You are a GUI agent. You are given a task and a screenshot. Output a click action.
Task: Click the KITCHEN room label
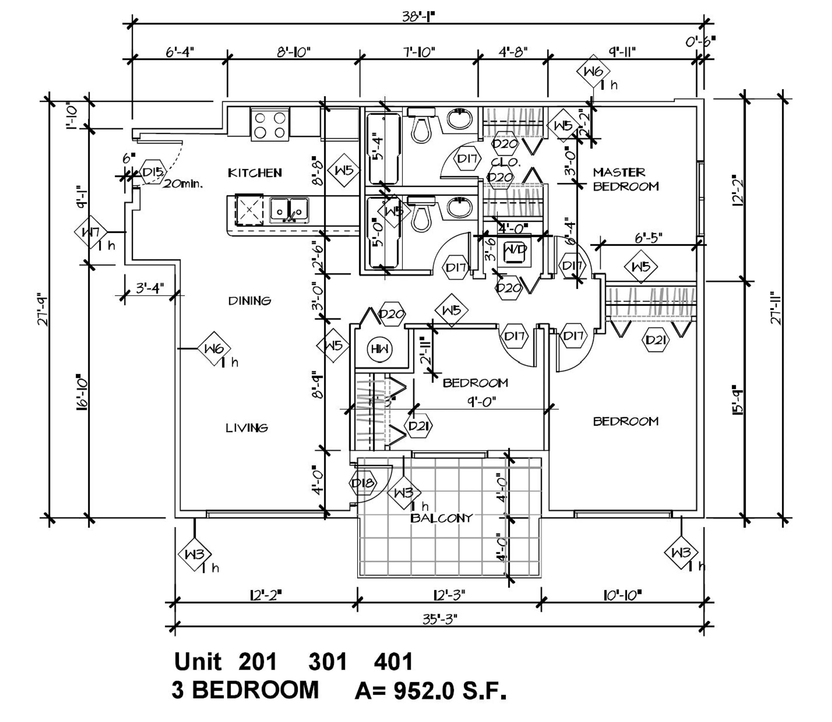coord(255,173)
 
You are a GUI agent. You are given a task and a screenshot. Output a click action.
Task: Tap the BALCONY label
coord(441,518)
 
